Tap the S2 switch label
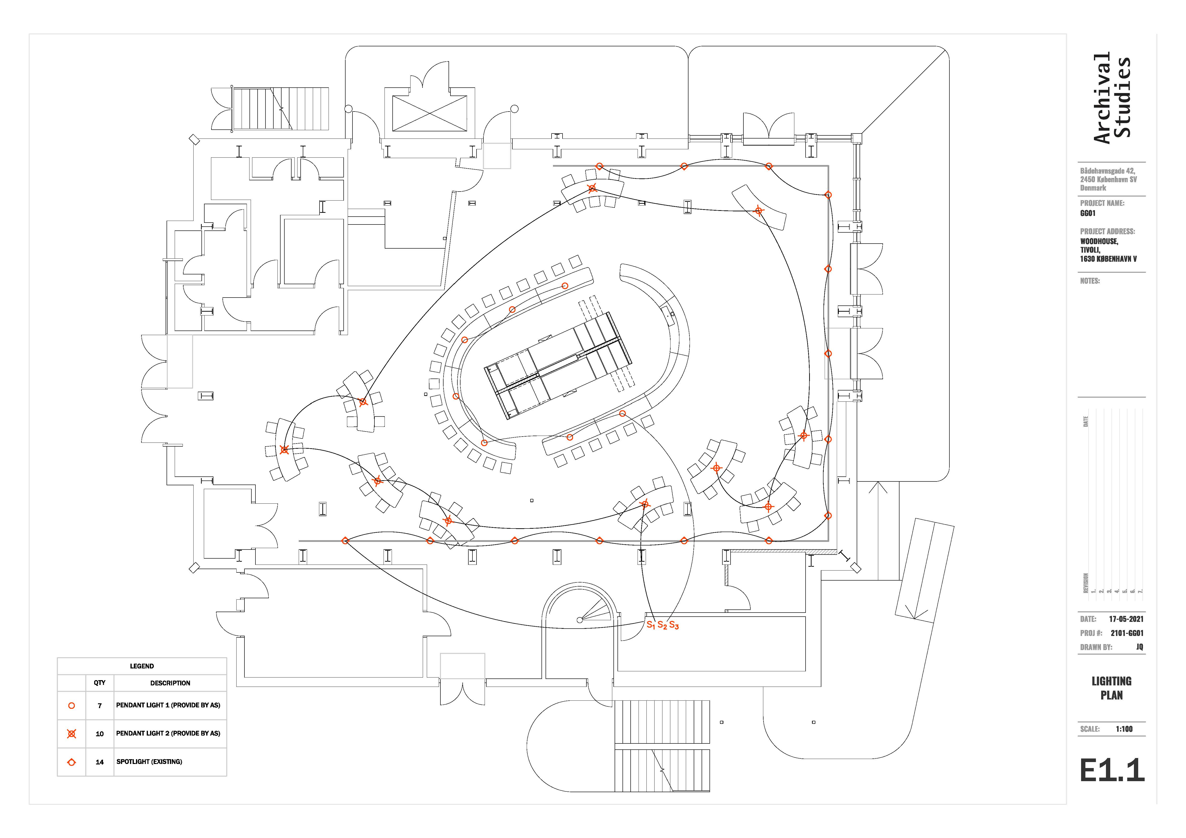click(662, 625)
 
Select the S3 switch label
click(674, 625)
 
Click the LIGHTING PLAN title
click(1112, 688)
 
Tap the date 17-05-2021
click(1126, 619)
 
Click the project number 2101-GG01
click(1127, 633)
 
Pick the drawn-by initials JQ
click(1139, 647)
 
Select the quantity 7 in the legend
click(100, 705)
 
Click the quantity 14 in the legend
click(100, 762)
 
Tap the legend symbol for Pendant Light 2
click(72, 734)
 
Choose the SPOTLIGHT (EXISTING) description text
click(149, 762)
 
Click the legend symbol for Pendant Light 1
click(72, 705)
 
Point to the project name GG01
click(1088, 213)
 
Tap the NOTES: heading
click(1090, 281)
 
